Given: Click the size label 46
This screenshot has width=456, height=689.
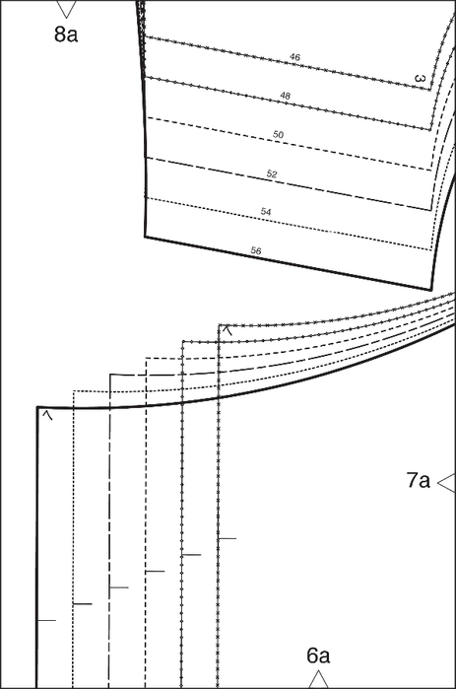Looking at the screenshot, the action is pyautogui.click(x=294, y=57).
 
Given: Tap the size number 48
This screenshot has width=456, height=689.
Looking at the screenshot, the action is pyautogui.click(x=285, y=96).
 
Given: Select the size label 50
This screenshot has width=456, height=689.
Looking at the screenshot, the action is pyautogui.click(x=279, y=134).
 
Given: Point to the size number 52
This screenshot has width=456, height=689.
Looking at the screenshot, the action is pyautogui.click(x=272, y=174).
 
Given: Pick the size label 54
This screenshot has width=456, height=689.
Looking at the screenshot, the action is pyautogui.click(x=266, y=212).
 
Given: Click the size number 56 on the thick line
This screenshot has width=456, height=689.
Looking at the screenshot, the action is pyautogui.click(x=256, y=250).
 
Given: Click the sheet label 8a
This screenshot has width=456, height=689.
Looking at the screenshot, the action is pyautogui.click(x=66, y=34).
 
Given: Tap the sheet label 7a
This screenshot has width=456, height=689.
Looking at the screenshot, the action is pyautogui.click(x=419, y=480).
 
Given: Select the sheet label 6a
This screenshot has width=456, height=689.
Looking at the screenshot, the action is pyautogui.click(x=318, y=655).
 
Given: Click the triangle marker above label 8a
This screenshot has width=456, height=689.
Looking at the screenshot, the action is pyautogui.click(x=67, y=9).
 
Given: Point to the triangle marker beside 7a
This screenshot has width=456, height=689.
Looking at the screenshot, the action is pyautogui.click(x=446, y=483).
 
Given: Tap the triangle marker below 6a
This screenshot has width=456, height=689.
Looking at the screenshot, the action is pyautogui.click(x=319, y=679).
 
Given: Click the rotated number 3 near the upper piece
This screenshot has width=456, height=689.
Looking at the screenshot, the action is pyautogui.click(x=420, y=79).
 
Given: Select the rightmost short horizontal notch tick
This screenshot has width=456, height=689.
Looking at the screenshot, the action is pyautogui.click(x=228, y=538).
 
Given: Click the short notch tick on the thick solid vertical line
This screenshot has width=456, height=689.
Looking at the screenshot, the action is pyautogui.click(x=46, y=620).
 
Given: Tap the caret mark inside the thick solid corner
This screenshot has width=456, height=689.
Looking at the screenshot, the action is pyautogui.click(x=48, y=415).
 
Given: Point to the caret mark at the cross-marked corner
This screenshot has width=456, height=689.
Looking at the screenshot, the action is pyautogui.click(x=227, y=330).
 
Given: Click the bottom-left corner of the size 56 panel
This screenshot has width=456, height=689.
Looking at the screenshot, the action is pyautogui.click(x=146, y=237).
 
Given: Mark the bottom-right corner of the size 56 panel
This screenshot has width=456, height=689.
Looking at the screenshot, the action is pyautogui.click(x=431, y=290).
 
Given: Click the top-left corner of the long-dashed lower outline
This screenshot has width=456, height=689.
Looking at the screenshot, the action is pyautogui.click(x=109, y=375).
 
